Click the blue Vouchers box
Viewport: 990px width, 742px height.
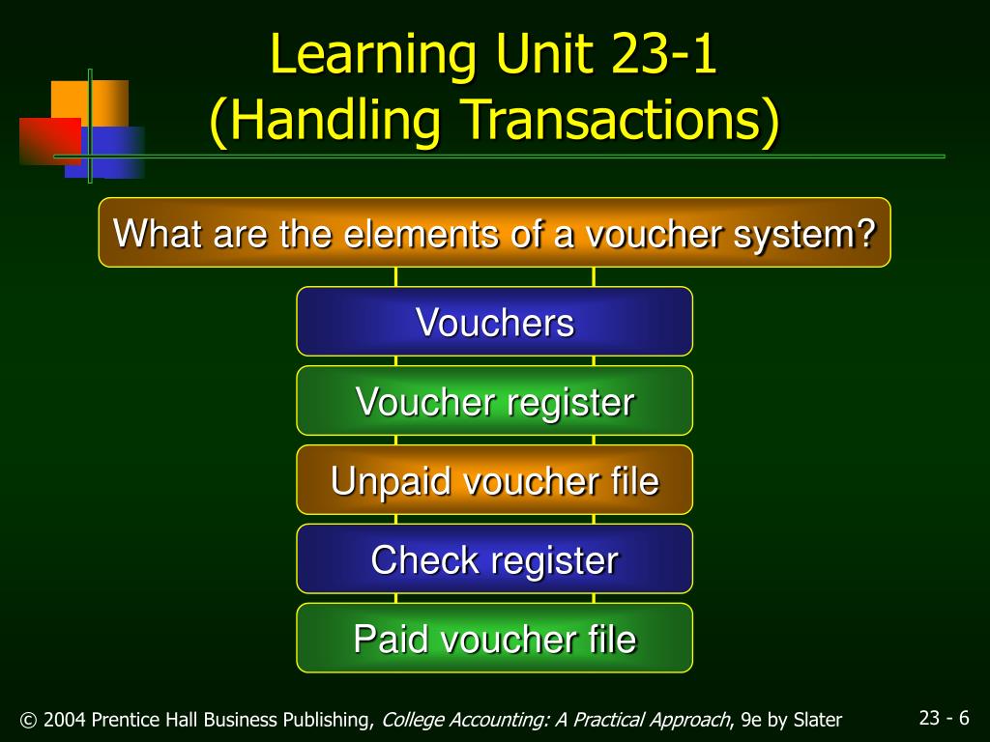click(494, 322)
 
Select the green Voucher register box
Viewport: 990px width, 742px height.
click(494, 401)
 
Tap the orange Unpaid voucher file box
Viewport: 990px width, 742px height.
click(494, 480)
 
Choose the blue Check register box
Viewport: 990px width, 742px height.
click(494, 559)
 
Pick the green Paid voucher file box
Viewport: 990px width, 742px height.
click(494, 639)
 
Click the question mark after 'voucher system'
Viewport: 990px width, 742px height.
click(866, 233)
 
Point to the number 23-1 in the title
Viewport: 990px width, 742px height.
click(664, 56)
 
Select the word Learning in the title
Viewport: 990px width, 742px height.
click(373, 56)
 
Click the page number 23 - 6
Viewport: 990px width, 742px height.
click(944, 717)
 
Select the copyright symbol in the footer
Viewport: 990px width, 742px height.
click(28, 720)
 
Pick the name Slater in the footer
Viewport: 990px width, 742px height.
click(817, 720)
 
